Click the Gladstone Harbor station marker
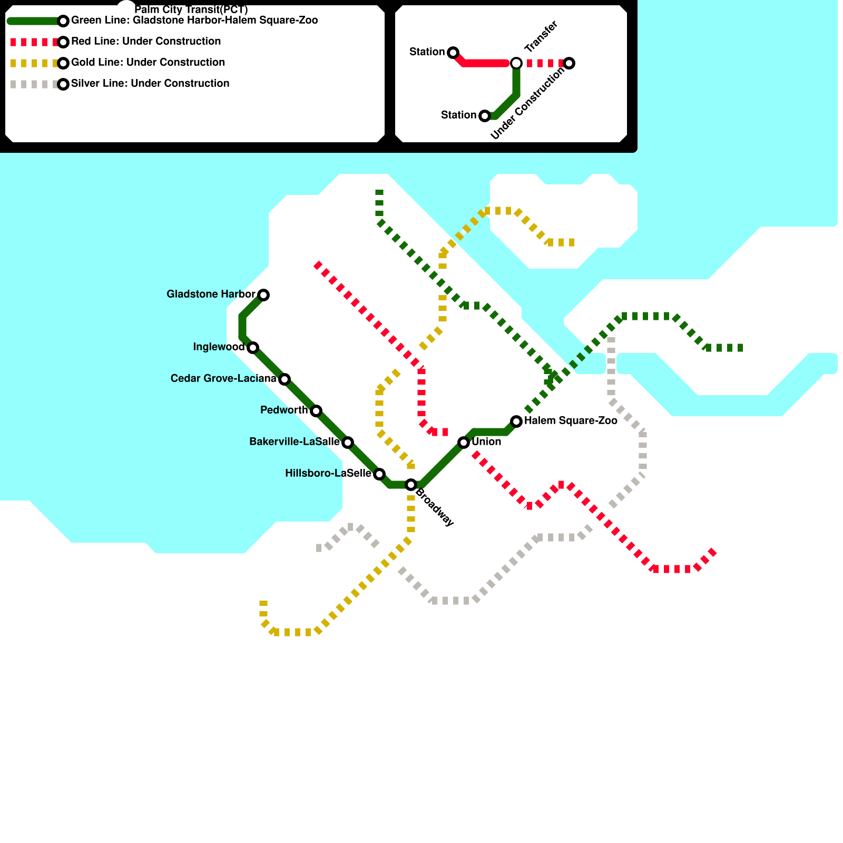click(263, 295)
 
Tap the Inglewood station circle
click(253, 348)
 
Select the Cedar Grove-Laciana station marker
click(285, 379)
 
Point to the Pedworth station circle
click(316, 411)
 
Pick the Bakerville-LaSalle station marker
click(348, 443)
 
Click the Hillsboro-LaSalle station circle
click(379, 474)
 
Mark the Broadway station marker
click(411, 485)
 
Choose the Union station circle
click(464, 443)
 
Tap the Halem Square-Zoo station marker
click(516, 421)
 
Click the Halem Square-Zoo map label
click(571, 421)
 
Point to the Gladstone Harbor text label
click(211, 294)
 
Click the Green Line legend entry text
click(194, 21)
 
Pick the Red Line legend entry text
click(146, 42)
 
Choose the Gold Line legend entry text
click(148, 63)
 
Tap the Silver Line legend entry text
click(150, 84)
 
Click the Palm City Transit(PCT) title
click(191, 10)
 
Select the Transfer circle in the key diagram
click(516, 63)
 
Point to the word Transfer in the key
click(541, 37)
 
